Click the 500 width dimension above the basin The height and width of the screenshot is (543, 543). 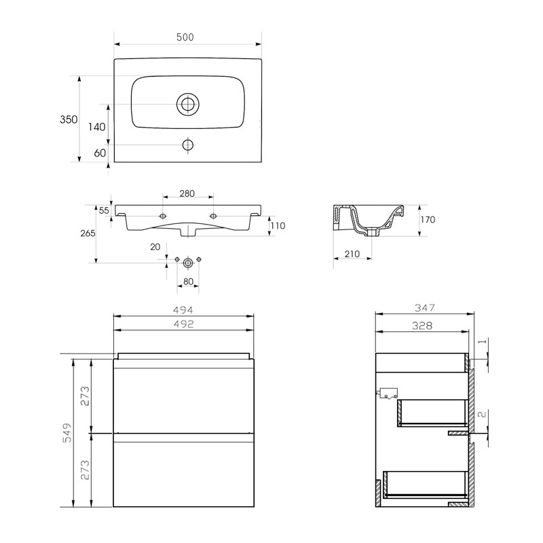(185, 37)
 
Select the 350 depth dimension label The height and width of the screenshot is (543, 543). (68, 119)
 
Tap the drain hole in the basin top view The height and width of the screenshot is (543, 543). (187, 105)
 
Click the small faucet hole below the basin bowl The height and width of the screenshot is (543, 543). (187, 145)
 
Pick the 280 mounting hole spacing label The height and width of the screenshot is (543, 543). (187, 193)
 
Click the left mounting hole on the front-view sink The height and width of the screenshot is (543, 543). (162, 216)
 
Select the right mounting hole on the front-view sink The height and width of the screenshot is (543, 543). (213, 216)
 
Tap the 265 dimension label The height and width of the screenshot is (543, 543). (86, 233)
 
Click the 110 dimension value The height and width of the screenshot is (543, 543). (278, 226)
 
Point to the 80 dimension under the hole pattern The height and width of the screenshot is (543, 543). (188, 281)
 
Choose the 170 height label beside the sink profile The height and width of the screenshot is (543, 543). (427, 219)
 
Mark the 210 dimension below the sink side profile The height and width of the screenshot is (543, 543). (352, 254)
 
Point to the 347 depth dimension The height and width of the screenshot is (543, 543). (423, 307)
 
